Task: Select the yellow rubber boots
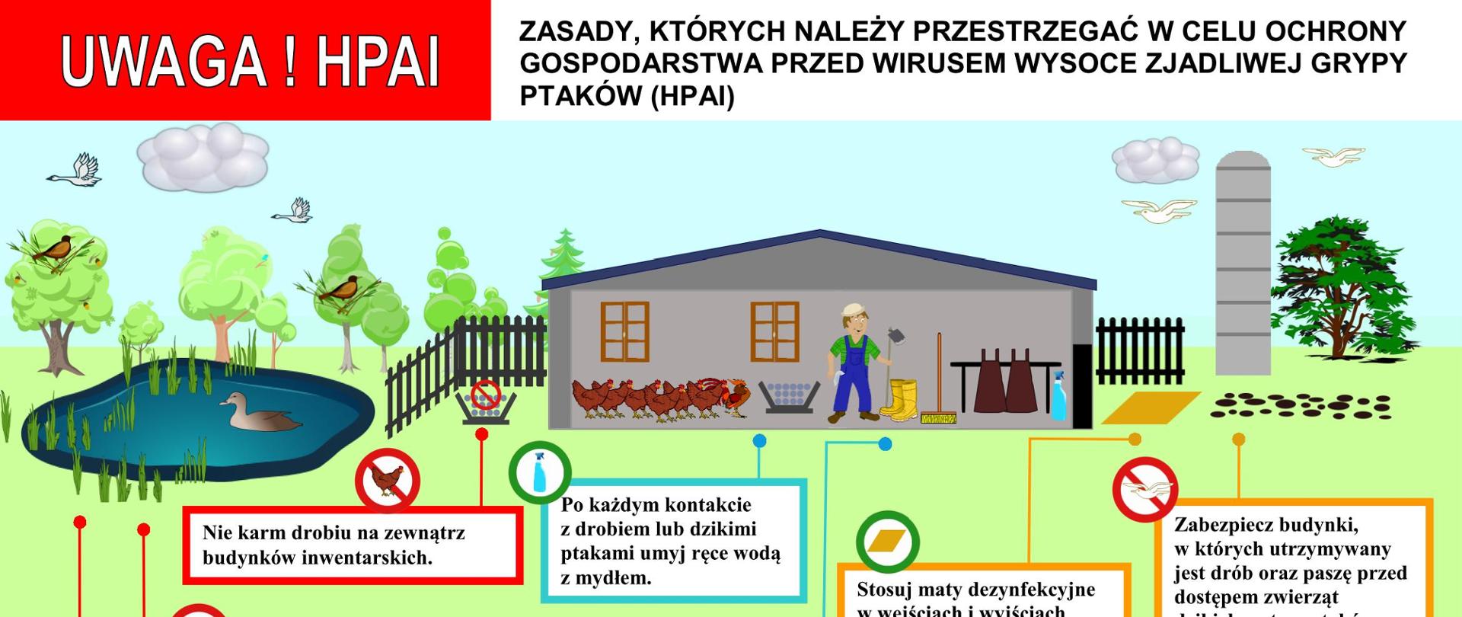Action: point(899,398)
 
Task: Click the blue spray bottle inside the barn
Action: point(1058,396)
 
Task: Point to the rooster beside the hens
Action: point(735,396)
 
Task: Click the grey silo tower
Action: point(1243,251)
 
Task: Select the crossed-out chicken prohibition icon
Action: point(388,481)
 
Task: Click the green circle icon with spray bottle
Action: point(540,472)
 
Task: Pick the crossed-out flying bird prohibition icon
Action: point(1145,488)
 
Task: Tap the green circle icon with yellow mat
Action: point(887,542)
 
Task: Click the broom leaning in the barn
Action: point(939,381)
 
